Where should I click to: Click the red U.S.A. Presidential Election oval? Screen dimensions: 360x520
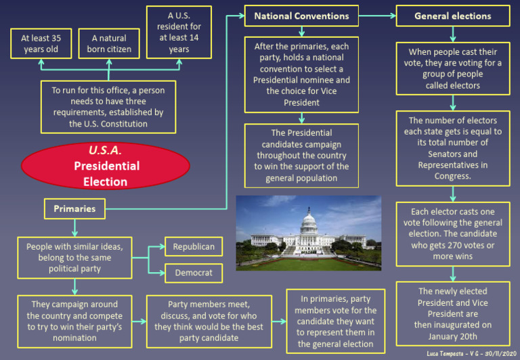[106, 166]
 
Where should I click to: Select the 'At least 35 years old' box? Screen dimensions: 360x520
[40, 44]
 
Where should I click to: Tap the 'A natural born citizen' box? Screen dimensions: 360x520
[108, 44]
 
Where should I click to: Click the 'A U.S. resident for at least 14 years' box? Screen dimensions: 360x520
[179, 32]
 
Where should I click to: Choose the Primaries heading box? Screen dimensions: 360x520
[74, 208]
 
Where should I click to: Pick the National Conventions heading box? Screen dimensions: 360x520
[301, 16]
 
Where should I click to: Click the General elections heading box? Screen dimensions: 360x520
[452, 16]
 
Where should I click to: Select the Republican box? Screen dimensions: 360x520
[194, 247]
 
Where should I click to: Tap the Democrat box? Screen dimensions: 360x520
[194, 273]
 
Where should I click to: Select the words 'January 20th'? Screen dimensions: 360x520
[452, 336]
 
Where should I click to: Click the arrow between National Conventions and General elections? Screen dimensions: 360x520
[376, 15]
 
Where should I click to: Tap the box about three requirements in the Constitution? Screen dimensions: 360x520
[108, 107]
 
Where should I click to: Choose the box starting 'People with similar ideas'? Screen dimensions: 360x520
[74, 258]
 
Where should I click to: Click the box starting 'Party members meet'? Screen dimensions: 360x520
[209, 321]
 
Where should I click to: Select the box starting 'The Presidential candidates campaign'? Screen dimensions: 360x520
[301, 156]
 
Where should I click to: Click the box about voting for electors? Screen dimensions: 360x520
[452, 69]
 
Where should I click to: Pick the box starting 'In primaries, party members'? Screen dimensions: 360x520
[335, 321]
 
